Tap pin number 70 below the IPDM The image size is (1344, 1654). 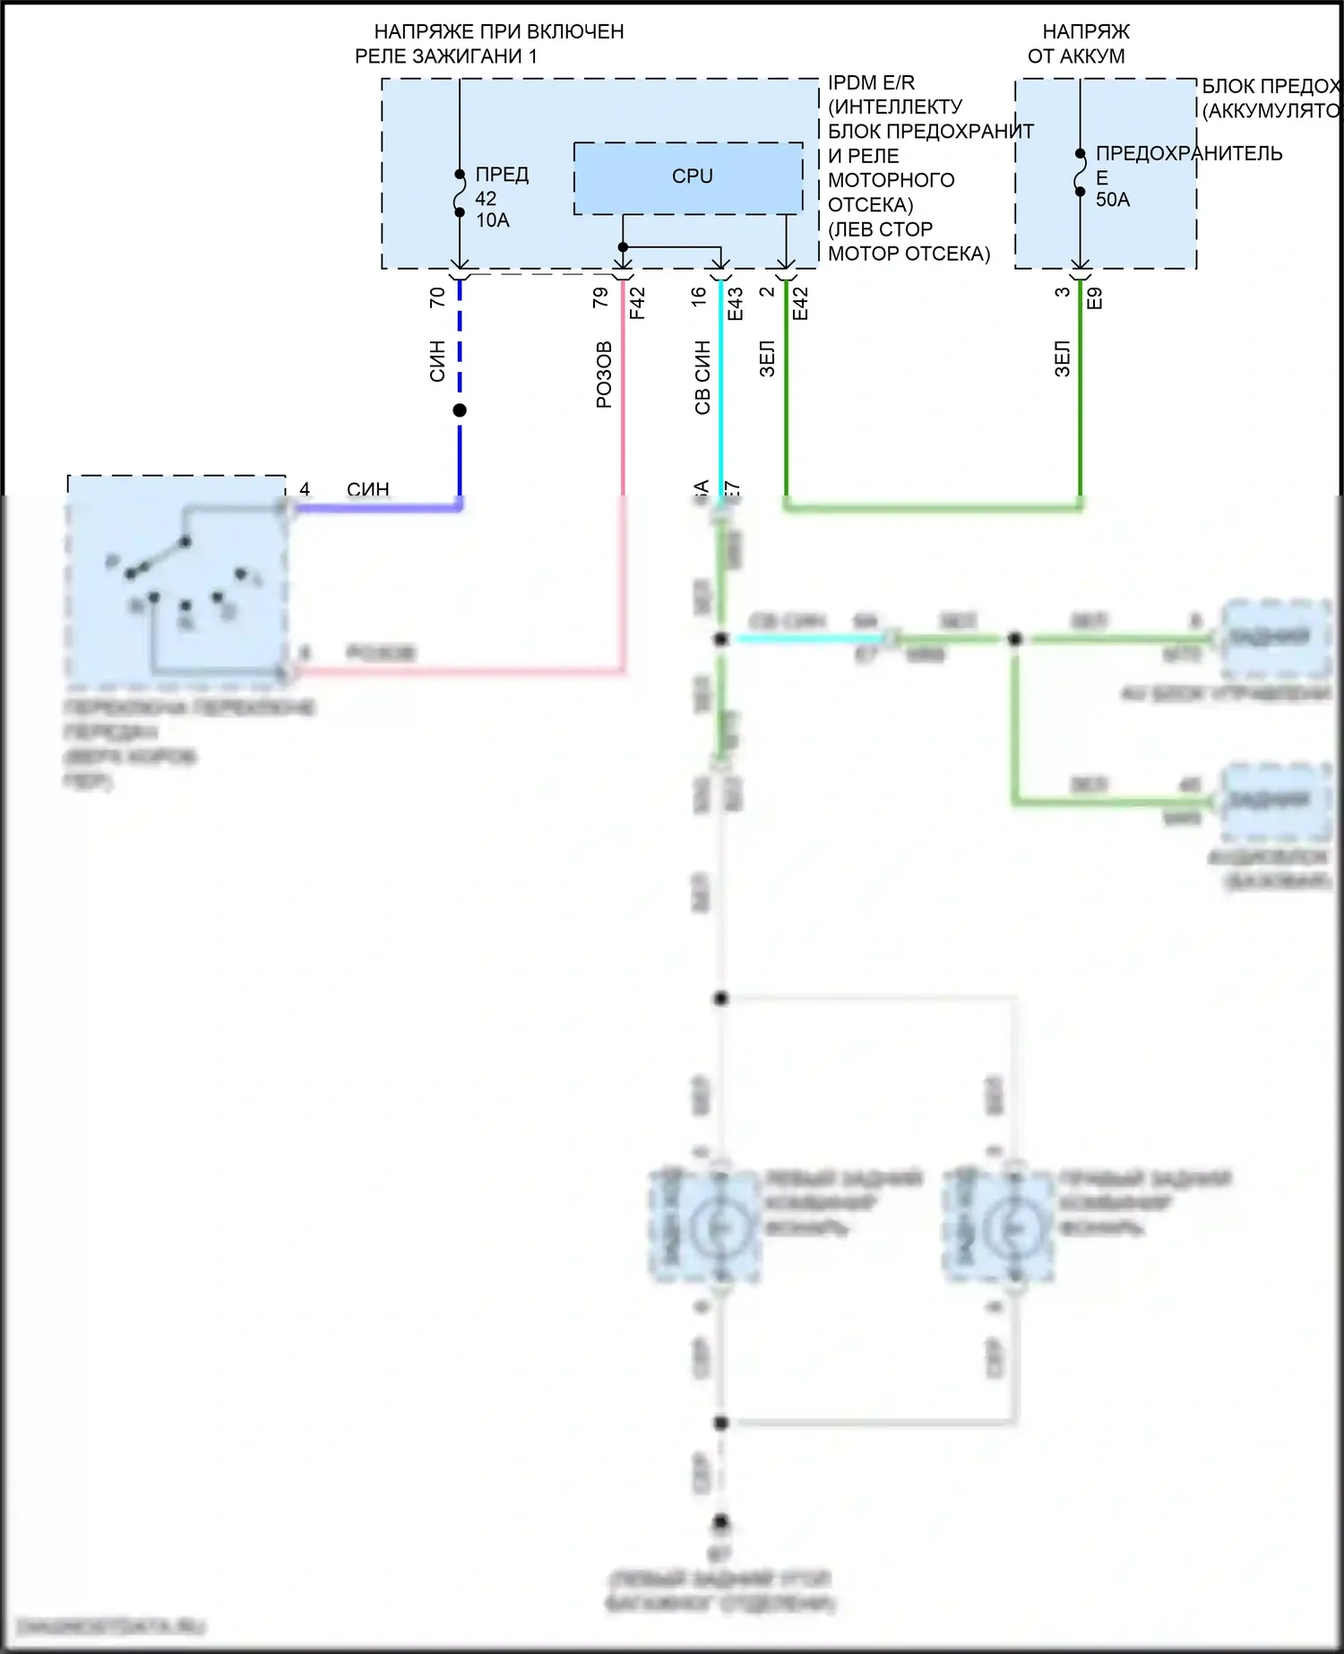[x=437, y=297]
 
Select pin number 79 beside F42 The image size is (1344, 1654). [x=601, y=297]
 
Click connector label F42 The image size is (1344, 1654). [x=637, y=303]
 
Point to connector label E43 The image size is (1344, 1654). [x=736, y=303]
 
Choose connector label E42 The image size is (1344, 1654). [x=801, y=303]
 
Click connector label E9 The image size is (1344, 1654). [x=1094, y=298]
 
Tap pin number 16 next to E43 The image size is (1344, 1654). [x=700, y=297]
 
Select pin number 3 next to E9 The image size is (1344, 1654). [x=1063, y=292]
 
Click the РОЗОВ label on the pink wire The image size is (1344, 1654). [x=604, y=375]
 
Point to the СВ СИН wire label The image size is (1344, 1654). [x=702, y=377]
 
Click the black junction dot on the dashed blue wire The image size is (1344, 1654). [x=460, y=410]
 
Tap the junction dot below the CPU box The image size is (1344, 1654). [x=623, y=247]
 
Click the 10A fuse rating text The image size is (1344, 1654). [x=492, y=220]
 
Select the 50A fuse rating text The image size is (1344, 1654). [x=1113, y=200]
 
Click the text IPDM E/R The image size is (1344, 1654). [x=871, y=82]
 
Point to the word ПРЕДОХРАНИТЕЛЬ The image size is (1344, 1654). [x=1189, y=153]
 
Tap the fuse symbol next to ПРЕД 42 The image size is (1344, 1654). [x=460, y=194]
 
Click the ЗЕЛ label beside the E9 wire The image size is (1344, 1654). [x=1063, y=358]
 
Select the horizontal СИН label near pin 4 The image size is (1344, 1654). [x=367, y=489]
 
